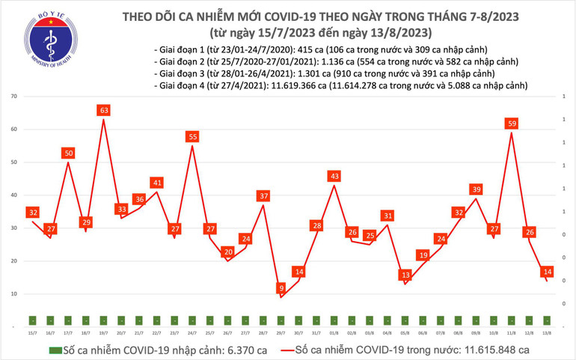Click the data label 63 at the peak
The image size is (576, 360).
coord(104,111)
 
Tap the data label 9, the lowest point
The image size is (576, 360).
coord(281,288)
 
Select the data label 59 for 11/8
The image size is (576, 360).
coord(511,123)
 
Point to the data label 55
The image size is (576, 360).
coord(192,136)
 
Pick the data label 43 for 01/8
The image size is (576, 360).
coord(334,176)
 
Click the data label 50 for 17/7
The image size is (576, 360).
coord(68,153)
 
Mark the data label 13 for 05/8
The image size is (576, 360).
coord(405,275)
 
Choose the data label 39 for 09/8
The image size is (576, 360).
coord(476,190)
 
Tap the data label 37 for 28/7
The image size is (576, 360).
coord(263,196)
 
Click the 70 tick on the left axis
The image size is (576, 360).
coord(14,97)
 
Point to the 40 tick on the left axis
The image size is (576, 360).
coord(14,195)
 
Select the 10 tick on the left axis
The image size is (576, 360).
coord(14,294)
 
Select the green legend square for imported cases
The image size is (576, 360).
coord(54,350)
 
